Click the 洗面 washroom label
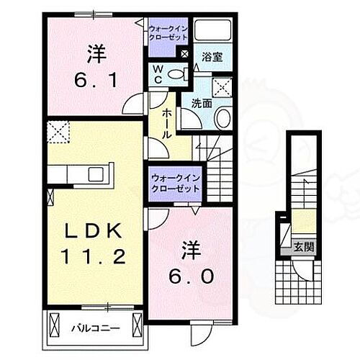click(x=201, y=103)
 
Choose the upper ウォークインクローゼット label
click(x=168, y=33)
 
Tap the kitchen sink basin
click(x=94, y=174)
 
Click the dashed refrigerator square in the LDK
click(x=56, y=132)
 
